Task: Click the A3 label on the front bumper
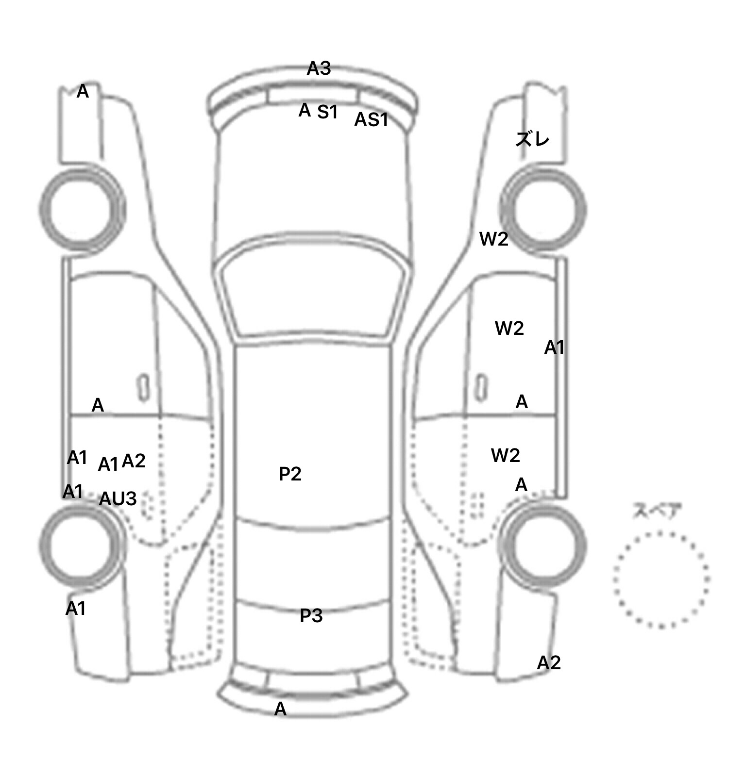319,68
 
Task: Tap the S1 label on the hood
327,112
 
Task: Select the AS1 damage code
372,119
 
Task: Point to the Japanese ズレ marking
532,139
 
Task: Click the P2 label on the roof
290,474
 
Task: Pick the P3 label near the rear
311,615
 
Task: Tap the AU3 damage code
118,498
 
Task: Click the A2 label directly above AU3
134,461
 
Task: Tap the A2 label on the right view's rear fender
549,662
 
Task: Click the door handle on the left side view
143,387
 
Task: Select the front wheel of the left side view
82,208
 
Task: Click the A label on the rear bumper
280,709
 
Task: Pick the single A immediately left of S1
305,110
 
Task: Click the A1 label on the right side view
554,347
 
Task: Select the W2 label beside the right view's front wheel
494,239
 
